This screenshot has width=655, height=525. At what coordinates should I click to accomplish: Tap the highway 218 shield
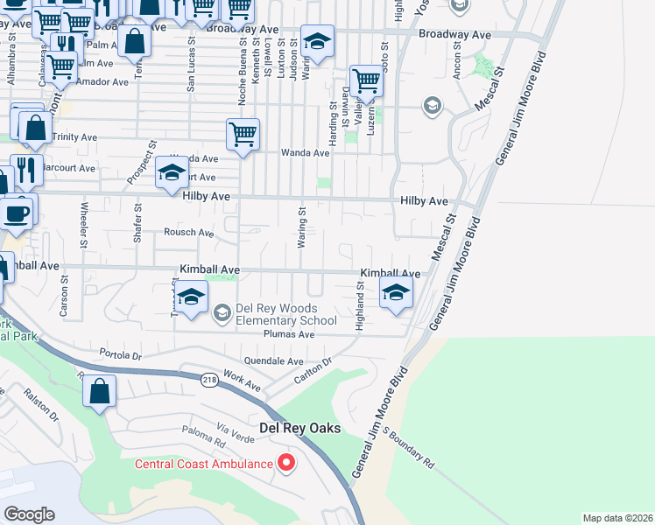[x=209, y=380]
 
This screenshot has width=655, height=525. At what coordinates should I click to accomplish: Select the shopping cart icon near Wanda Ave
[x=243, y=135]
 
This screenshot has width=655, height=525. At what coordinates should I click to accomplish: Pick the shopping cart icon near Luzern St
[x=366, y=81]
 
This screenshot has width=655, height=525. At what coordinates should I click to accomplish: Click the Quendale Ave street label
[x=273, y=360]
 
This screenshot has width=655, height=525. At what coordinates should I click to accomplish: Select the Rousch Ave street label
[x=189, y=233]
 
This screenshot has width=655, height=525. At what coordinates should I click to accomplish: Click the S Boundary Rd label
[x=408, y=445]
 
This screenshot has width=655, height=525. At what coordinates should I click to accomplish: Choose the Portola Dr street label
[x=121, y=355]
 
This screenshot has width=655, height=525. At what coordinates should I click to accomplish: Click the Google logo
[x=29, y=514]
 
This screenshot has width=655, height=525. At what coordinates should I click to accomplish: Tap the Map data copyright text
[x=618, y=518]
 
